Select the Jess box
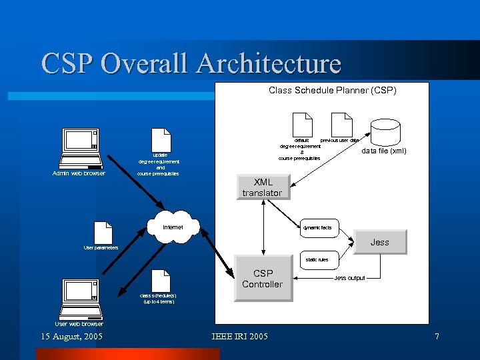tap(379, 242)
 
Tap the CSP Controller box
tap(262, 279)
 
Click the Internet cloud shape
tap(173, 227)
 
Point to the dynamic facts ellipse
tap(317, 228)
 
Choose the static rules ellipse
tap(317, 259)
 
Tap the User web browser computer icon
tap(80, 299)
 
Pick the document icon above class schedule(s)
tap(159, 281)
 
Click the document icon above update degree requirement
tap(160, 140)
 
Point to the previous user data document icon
tap(341, 125)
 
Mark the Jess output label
tap(349, 278)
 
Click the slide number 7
tap(437, 337)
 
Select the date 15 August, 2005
tap(72, 337)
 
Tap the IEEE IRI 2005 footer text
tap(239, 337)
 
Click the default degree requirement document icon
tap(302, 125)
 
